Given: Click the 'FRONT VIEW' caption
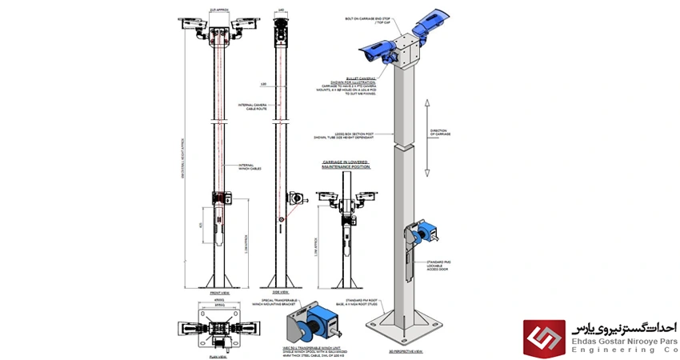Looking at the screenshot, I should tap(218, 294).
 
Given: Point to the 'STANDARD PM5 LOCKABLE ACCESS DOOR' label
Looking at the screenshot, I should tap(460, 263).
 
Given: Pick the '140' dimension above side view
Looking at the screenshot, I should tap(280, 11).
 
